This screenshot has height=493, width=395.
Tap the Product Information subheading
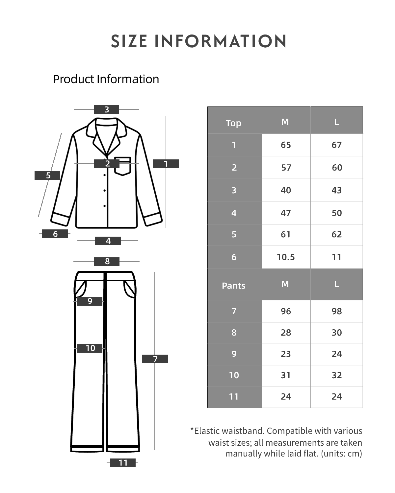(106, 79)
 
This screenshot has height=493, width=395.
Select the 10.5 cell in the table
(285, 257)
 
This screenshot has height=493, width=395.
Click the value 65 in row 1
(286, 145)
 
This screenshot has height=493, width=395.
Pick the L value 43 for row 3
(336, 190)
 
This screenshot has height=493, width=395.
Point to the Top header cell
(233, 123)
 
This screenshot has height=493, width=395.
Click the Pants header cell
(233, 286)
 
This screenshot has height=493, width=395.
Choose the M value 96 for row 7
(286, 311)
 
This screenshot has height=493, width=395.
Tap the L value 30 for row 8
(336, 332)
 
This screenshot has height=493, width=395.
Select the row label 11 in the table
(234, 397)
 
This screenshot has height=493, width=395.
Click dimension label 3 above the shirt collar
(107, 109)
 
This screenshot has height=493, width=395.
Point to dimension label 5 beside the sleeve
(47, 175)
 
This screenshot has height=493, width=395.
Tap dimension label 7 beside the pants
(155, 359)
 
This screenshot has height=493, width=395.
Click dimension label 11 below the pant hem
(123, 463)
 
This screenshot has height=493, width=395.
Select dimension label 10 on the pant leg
(90, 348)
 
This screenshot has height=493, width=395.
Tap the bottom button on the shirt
(105, 206)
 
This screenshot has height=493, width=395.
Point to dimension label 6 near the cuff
(55, 234)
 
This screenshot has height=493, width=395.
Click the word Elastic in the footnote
(207, 431)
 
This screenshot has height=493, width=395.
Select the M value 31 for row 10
(286, 375)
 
